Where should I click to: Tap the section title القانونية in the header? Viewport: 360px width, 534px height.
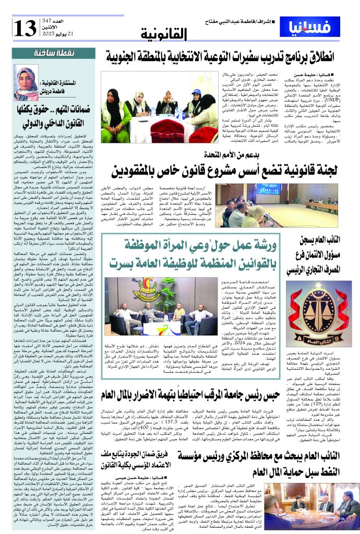[164, 34]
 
